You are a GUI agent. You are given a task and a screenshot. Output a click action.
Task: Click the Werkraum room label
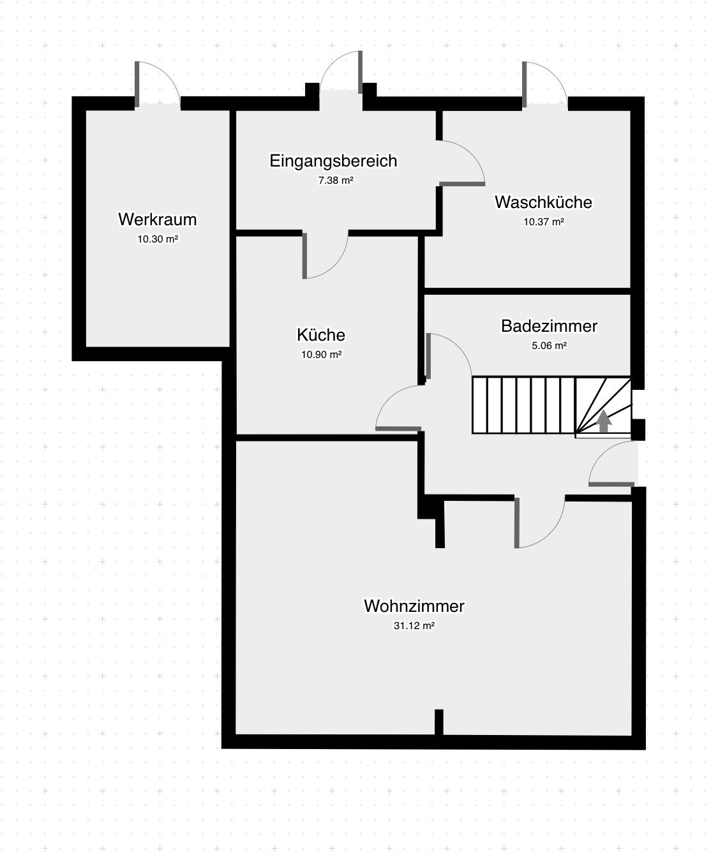157,219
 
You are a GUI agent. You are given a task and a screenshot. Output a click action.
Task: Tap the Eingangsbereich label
333,161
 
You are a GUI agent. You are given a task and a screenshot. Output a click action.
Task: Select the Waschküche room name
543,202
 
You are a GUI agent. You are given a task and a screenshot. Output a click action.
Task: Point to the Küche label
321,335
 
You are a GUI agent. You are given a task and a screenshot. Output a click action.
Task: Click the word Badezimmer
549,326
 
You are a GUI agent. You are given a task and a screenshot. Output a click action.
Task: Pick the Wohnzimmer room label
414,606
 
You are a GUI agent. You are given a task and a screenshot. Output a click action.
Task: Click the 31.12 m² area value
414,626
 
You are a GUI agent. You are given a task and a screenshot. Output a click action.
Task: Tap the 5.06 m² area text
549,346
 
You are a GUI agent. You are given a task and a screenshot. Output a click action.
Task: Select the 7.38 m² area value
336,181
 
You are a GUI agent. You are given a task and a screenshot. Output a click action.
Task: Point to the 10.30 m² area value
158,239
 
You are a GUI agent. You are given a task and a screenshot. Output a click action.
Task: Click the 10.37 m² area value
544,221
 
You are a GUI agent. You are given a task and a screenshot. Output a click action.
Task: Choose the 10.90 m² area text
321,355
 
